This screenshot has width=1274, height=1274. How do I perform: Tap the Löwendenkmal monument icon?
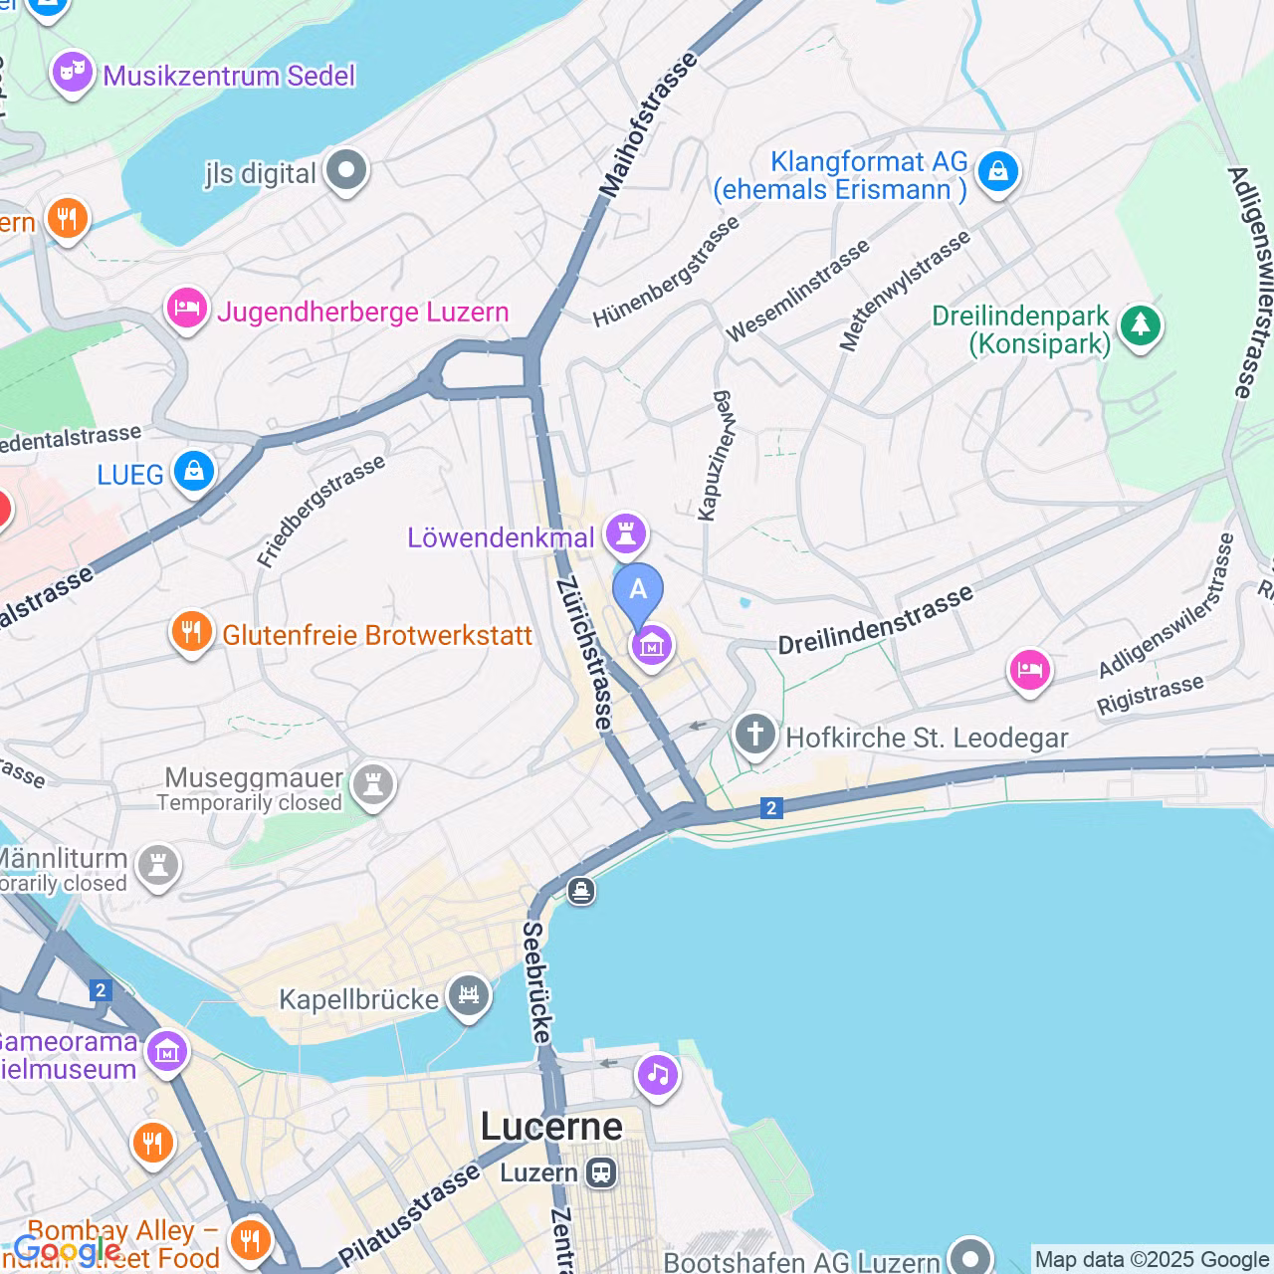point(626,534)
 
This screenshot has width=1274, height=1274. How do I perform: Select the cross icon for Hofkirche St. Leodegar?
point(755,737)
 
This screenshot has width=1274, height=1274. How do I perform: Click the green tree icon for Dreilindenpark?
point(1140,326)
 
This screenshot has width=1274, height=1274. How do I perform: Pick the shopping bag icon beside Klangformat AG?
point(997,172)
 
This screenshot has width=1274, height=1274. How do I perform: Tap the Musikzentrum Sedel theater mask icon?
point(73,73)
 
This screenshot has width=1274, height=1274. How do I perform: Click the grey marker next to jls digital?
point(346,171)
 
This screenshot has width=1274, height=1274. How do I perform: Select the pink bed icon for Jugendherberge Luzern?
point(186,310)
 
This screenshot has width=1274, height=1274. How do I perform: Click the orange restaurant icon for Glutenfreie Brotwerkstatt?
point(191,632)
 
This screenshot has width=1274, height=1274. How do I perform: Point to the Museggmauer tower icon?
point(373,785)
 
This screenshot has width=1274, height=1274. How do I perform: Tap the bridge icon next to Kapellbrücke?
point(468,996)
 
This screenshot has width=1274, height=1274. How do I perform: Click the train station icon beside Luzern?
point(601,1172)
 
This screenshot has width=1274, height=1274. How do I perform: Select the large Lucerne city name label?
point(551,1127)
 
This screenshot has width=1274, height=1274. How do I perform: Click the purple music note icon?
point(657,1075)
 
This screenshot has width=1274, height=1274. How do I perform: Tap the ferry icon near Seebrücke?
point(581,891)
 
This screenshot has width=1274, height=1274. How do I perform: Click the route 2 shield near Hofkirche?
point(771,808)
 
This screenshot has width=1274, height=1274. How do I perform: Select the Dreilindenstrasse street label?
point(875,621)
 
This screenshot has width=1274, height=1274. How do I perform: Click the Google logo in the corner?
point(66,1250)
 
